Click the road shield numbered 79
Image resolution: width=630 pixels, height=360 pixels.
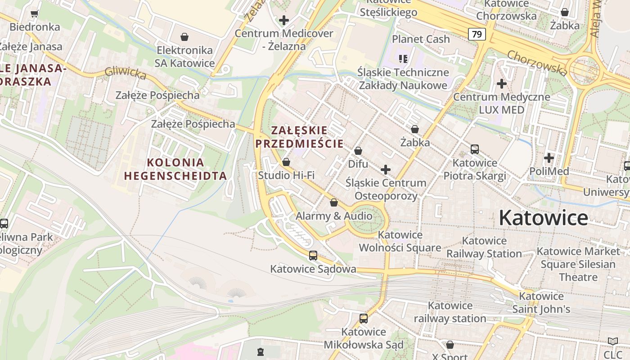pyautogui.click(x=477, y=34)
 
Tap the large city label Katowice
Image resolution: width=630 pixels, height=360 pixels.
pyautogui.click(x=543, y=218)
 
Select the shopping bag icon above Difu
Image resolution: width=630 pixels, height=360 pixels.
pyautogui.click(x=358, y=151)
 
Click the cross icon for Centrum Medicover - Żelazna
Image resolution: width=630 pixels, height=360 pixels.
pyautogui.click(x=284, y=20)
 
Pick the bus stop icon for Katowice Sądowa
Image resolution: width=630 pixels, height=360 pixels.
pyautogui.click(x=313, y=256)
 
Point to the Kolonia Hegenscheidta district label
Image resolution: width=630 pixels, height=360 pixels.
pyautogui.click(x=175, y=169)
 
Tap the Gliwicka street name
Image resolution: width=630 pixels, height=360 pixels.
pyautogui.click(x=126, y=73)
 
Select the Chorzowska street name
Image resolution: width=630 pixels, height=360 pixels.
pyautogui.click(x=537, y=63)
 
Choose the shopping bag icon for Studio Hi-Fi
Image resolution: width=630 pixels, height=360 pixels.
pyautogui.click(x=286, y=162)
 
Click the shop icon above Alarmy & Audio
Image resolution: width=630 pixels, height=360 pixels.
pyautogui.click(x=334, y=203)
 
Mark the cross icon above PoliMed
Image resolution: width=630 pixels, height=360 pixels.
pyautogui.click(x=549, y=158)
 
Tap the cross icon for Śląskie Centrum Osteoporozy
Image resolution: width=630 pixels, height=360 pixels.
pyautogui.click(x=386, y=170)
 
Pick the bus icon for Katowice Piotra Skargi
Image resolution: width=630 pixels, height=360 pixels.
pyautogui.click(x=475, y=149)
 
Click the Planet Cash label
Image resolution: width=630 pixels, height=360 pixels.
pyautogui.click(x=421, y=39)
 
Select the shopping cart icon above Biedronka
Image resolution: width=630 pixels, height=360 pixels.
pyautogui.click(x=34, y=14)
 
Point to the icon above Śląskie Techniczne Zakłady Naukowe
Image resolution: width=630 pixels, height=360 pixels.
pyautogui.click(x=403, y=58)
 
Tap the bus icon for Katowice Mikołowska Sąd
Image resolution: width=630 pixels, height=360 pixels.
pyautogui.click(x=364, y=319)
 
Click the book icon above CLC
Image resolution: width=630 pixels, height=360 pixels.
pyautogui.click(x=613, y=342)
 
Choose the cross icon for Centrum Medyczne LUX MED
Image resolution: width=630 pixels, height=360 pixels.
pyautogui.click(x=502, y=84)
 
